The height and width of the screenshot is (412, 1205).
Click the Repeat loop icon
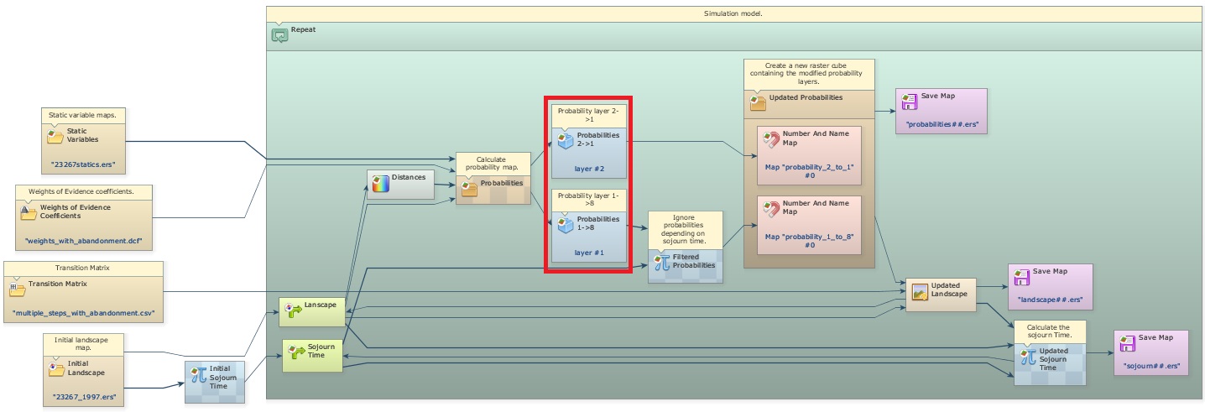(279, 35)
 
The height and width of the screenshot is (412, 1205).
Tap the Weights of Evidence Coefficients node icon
(29, 212)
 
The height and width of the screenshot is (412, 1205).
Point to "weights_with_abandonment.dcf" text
(83, 242)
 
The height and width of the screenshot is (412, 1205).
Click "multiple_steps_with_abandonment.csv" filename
(84, 313)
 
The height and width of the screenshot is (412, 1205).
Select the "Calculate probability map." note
(493, 164)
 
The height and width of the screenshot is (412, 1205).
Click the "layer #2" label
(589, 169)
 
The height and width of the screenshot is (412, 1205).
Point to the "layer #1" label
(589, 252)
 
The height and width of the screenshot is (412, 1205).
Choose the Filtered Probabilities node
(685, 261)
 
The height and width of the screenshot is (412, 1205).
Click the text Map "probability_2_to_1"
(809, 166)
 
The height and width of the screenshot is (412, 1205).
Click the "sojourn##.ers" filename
(1151, 366)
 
